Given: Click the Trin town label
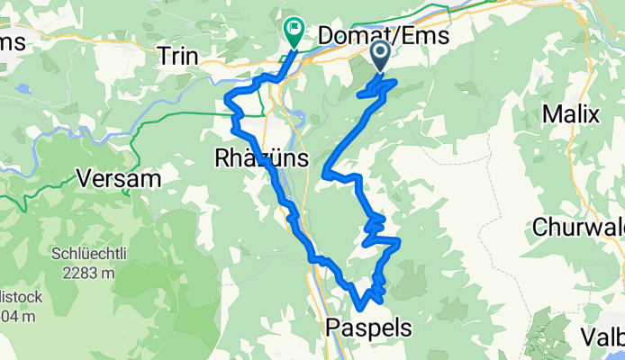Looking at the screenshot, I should point(177,54).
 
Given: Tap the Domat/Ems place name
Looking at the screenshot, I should point(379,36).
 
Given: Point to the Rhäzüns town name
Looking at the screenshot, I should point(262,159).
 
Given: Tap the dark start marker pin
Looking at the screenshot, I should point(380,54).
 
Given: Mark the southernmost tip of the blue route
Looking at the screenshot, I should point(361,310).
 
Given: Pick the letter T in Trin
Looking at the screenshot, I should point(163,54).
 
